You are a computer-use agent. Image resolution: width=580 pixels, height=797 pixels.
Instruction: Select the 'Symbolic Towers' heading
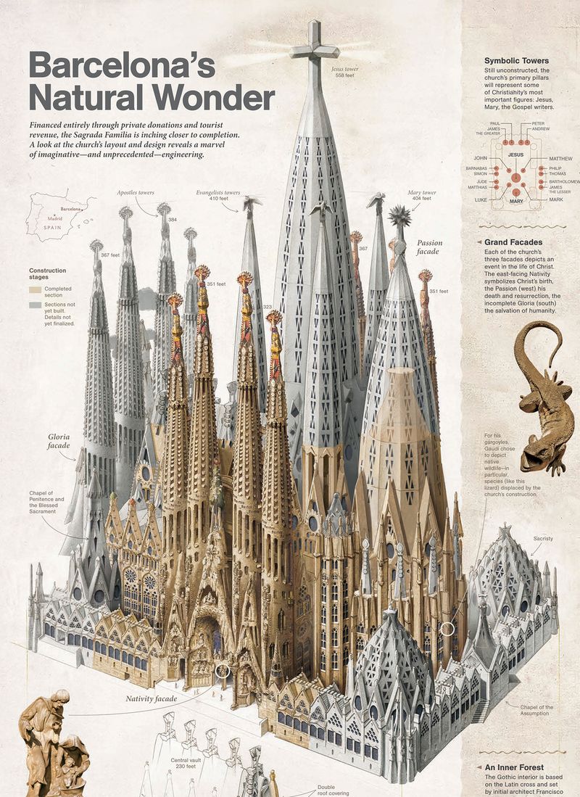click(x=517, y=60)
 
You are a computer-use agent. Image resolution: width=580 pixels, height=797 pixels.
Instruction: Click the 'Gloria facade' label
click(x=59, y=442)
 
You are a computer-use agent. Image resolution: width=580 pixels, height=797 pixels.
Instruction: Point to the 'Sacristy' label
click(x=543, y=539)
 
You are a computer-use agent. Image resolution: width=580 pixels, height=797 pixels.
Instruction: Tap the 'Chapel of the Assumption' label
click(x=537, y=711)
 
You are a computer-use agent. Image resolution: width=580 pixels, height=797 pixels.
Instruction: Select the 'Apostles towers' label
click(x=136, y=192)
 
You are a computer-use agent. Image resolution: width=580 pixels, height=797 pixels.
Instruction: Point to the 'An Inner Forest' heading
click(x=515, y=767)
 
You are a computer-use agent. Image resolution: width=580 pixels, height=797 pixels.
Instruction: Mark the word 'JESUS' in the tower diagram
click(x=515, y=154)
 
